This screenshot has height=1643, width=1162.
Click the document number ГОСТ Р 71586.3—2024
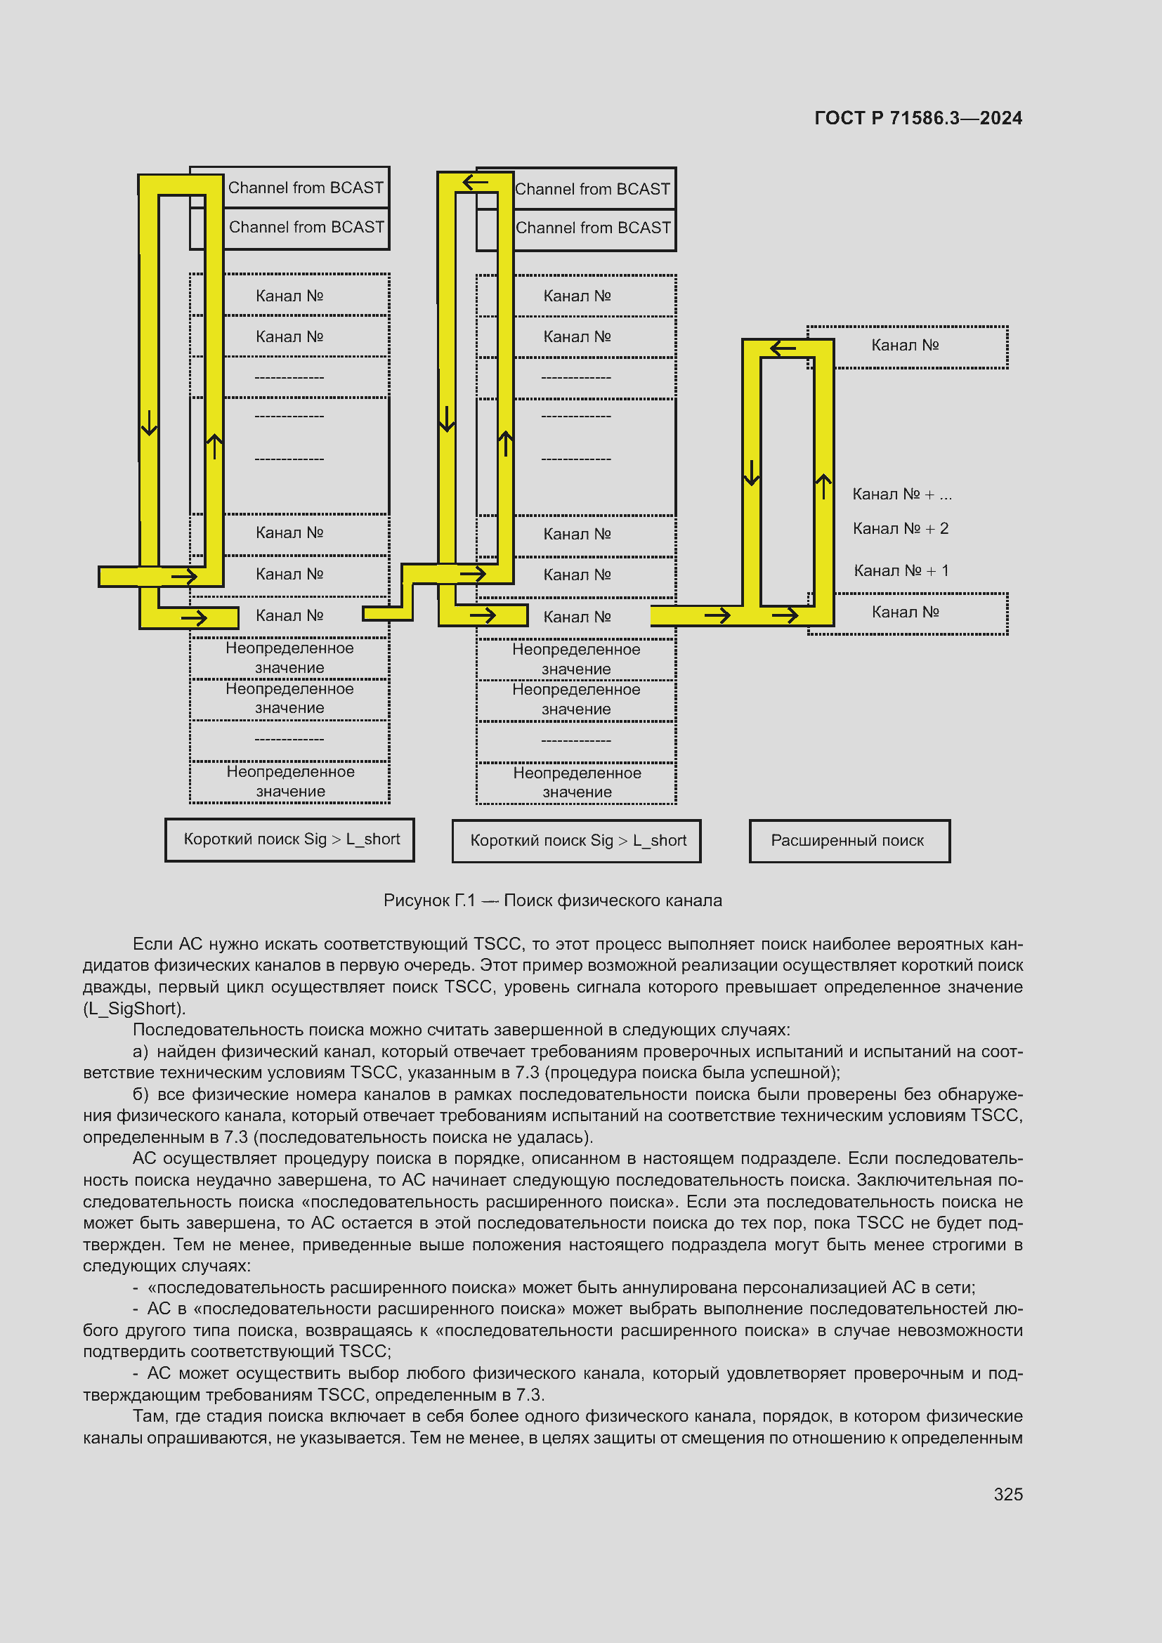918,118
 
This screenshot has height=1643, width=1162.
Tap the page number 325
1008,1494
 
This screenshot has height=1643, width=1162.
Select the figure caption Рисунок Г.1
429,901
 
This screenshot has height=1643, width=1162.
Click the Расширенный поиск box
849,841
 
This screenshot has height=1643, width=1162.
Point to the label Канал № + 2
900,528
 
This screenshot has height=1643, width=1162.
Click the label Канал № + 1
901,570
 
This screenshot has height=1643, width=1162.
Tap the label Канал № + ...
901,494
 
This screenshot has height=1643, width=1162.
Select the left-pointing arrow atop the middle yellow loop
475,183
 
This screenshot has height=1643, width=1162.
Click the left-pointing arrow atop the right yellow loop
783,348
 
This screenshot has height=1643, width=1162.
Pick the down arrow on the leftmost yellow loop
149,423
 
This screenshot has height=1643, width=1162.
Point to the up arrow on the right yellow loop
823,487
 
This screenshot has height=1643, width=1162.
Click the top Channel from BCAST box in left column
289,188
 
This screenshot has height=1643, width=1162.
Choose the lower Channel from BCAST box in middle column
576,230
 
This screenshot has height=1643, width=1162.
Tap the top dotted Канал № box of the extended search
907,347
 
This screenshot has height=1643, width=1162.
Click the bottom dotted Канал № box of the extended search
907,613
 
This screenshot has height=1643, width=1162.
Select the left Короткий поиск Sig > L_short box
289,839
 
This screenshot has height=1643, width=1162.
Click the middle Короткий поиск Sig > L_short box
576,841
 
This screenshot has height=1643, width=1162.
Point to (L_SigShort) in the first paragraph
134,1008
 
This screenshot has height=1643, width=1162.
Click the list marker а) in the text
141,1052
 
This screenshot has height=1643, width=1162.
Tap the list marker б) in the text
141,1094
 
